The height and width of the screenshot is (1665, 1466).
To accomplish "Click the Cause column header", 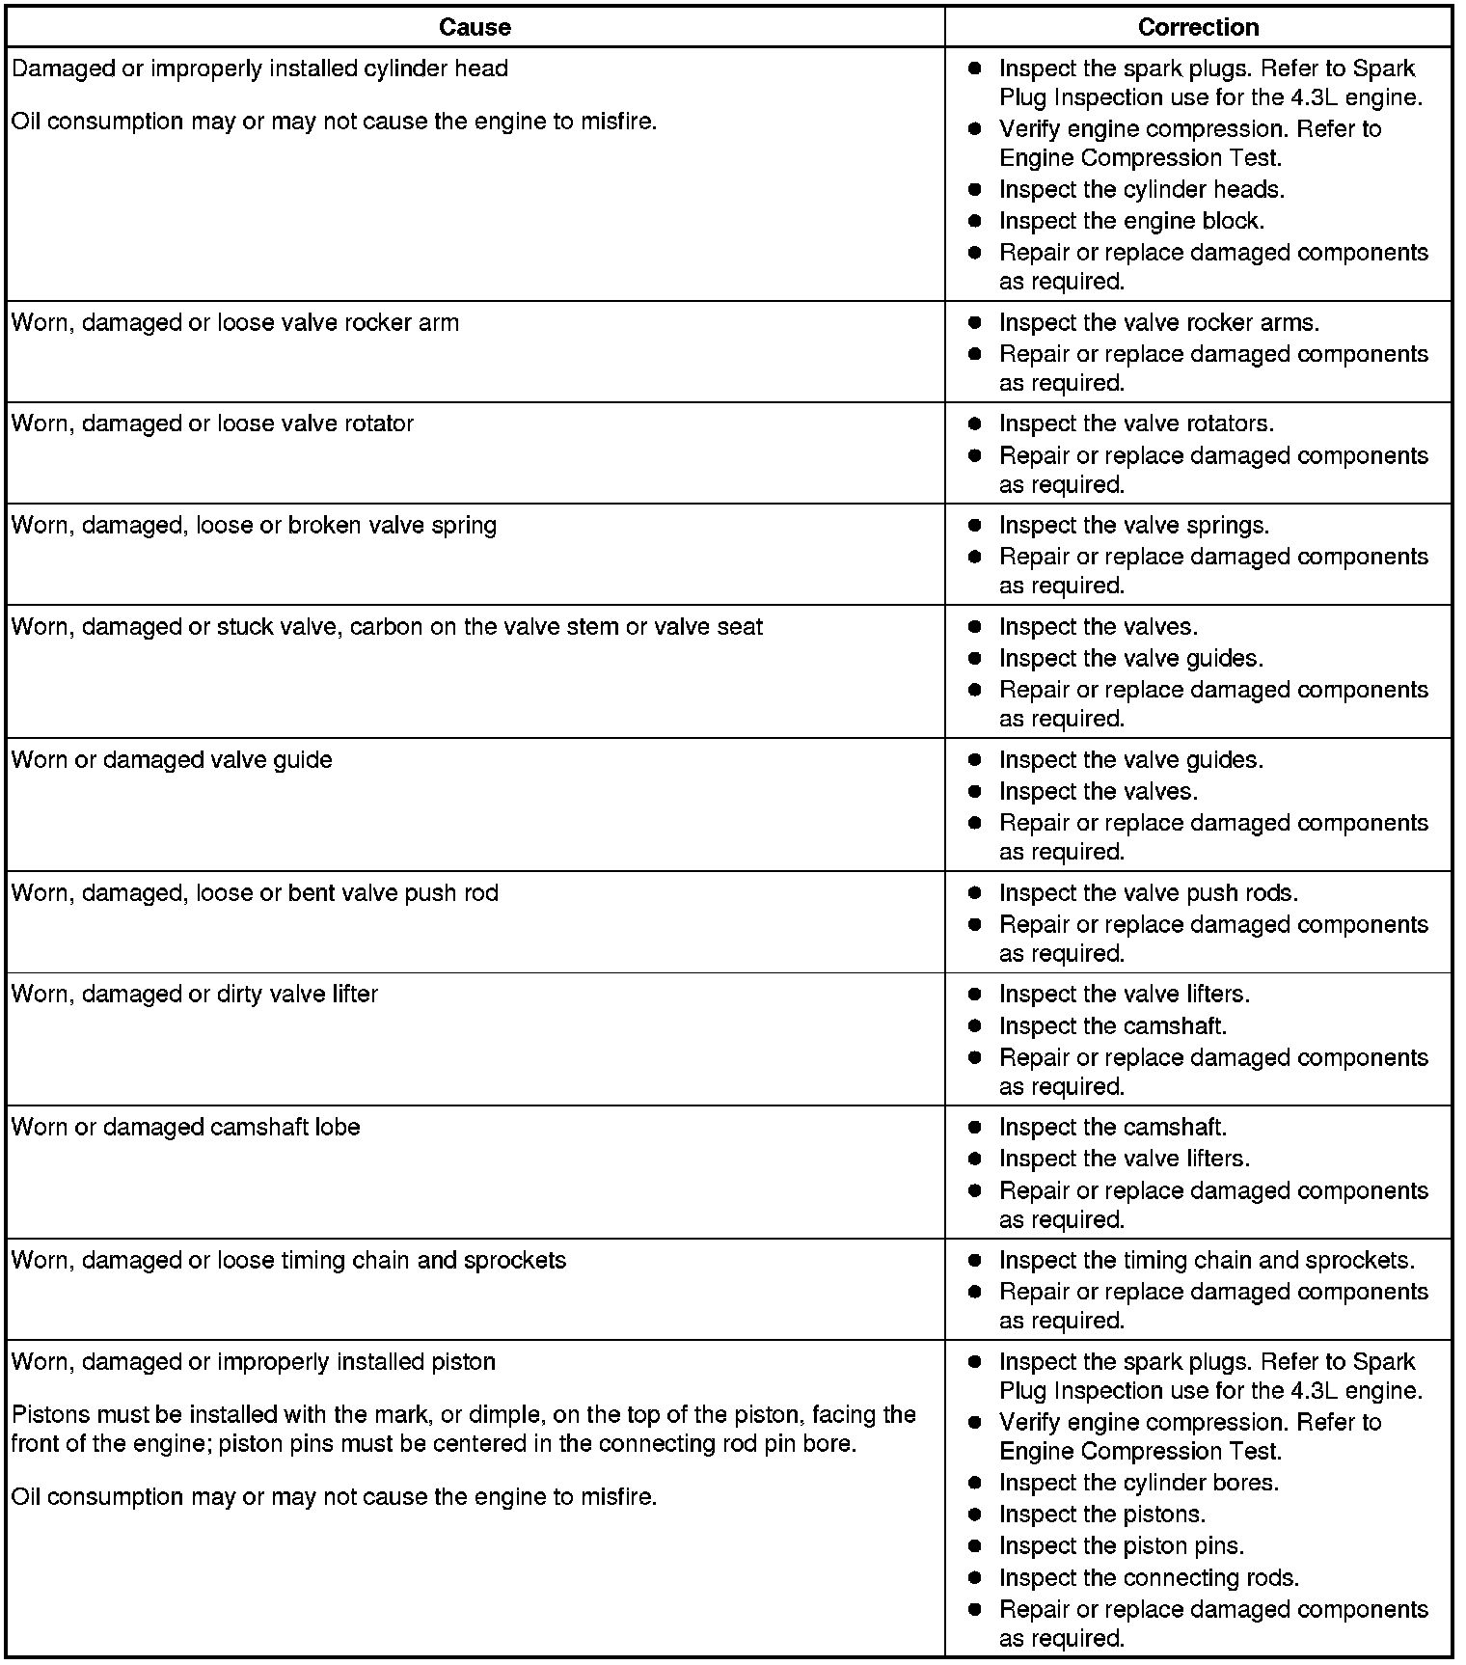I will pyautogui.click(x=475, y=27).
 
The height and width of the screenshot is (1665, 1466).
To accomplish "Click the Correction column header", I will pyautogui.click(x=1198, y=27).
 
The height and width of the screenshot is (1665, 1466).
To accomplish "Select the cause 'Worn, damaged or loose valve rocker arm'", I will pyautogui.click(x=235, y=322).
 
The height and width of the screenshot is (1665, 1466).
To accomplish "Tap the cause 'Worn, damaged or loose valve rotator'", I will pyautogui.click(x=212, y=423).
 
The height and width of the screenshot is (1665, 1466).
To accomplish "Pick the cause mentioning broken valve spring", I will pyautogui.click(x=254, y=525).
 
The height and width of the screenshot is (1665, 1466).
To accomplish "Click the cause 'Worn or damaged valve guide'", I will pyautogui.click(x=172, y=759).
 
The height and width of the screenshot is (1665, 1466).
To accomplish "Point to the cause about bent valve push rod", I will pyautogui.click(x=255, y=892).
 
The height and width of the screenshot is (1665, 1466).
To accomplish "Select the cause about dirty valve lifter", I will pyautogui.click(x=195, y=994).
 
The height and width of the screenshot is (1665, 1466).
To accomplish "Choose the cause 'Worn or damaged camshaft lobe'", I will pyautogui.click(x=185, y=1127).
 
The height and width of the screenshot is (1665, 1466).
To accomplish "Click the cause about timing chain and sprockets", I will pyautogui.click(x=288, y=1260).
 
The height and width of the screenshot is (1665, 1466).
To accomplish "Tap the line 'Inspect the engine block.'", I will pyautogui.click(x=1131, y=221).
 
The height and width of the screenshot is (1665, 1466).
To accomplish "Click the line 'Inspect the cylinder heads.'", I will pyautogui.click(x=1142, y=189).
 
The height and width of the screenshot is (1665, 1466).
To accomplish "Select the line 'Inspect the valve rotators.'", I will pyautogui.click(x=1136, y=423).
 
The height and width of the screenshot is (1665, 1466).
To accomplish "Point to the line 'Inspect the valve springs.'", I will pyautogui.click(x=1134, y=525).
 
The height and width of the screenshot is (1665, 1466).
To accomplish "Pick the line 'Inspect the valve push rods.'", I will pyautogui.click(x=1149, y=892).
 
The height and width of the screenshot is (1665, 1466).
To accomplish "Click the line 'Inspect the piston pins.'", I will pyautogui.click(x=1122, y=1545).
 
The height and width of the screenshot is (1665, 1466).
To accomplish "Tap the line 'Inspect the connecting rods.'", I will pyautogui.click(x=1149, y=1577).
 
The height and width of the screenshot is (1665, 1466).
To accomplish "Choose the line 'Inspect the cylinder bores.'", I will pyautogui.click(x=1139, y=1482).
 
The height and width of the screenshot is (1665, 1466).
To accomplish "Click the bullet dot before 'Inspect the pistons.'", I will pyautogui.click(x=975, y=1515).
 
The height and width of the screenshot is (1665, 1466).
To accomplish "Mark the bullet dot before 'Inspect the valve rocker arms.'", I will pyautogui.click(x=975, y=323).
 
